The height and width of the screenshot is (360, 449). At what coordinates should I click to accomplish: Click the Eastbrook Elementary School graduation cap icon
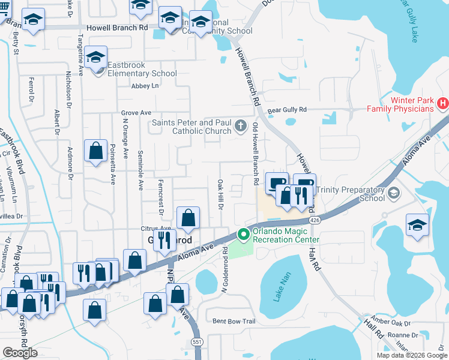(x=96, y=58)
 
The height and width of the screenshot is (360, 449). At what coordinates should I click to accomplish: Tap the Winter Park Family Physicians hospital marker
(x=443, y=104)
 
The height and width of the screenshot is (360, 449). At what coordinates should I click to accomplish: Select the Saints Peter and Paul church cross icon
(x=241, y=126)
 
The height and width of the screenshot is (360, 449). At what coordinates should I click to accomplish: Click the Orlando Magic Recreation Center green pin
(x=244, y=235)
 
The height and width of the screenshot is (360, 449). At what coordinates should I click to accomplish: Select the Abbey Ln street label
(x=146, y=86)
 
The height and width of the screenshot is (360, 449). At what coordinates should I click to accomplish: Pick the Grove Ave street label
(x=136, y=112)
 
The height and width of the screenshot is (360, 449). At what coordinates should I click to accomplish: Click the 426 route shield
(x=316, y=221)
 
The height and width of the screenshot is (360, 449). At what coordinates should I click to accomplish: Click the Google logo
(x=20, y=353)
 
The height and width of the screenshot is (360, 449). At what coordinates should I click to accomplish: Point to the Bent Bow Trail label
(x=234, y=322)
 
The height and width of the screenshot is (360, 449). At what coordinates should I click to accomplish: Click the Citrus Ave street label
(x=155, y=229)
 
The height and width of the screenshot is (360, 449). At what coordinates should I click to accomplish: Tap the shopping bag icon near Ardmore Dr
(x=96, y=152)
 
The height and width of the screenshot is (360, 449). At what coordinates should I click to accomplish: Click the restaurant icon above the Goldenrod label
(x=164, y=241)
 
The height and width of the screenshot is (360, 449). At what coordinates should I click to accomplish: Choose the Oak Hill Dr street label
(x=220, y=194)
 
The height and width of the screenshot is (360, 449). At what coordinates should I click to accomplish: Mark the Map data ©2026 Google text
(x=411, y=355)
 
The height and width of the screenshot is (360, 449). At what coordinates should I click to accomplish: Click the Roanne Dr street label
(x=402, y=335)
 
